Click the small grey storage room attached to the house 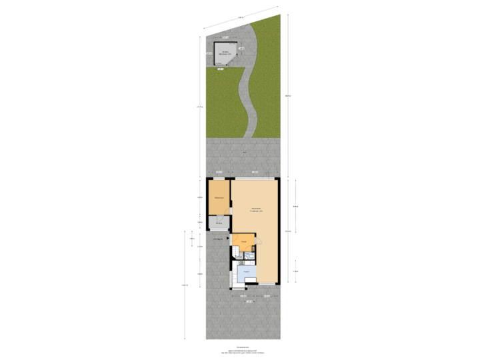tap(218, 223)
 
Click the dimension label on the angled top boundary tap(241, 17)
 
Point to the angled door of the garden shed tap(231, 62)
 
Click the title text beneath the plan tap(243, 347)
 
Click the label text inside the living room tap(255, 209)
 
